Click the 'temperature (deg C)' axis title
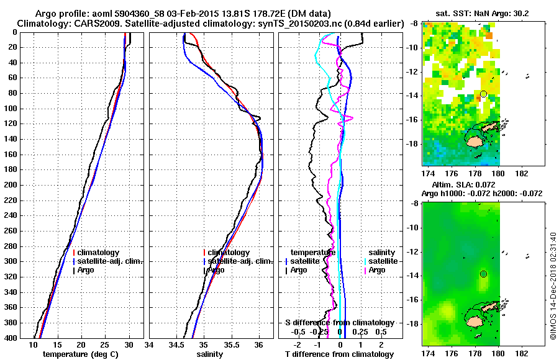coord(81,354)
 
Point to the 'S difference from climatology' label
coord(340,323)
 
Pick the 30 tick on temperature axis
coord(129,344)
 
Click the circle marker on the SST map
coord(483,94)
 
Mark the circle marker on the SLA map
coord(483,274)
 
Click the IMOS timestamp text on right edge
coord(552,286)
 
